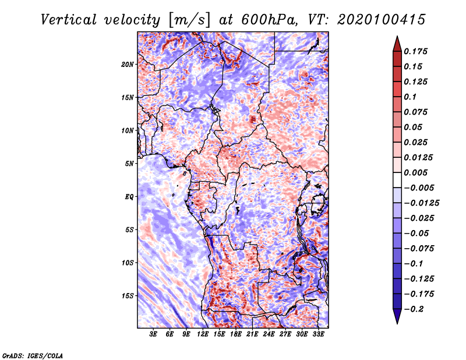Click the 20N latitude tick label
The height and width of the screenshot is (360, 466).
[128, 65]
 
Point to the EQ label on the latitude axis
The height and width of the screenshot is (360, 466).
[129, 197]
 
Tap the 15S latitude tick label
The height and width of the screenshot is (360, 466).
[128, 296]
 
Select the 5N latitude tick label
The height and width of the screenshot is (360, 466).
[129, 164]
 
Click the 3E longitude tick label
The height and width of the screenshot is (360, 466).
[153, 334]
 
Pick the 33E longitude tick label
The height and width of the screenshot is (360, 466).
[318, 334]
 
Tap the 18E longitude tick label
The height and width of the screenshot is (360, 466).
[236, 334]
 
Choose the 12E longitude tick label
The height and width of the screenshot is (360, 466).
[203, 334]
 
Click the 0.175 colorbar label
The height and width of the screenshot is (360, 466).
[415, 51]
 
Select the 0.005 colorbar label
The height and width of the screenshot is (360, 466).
[415, 172]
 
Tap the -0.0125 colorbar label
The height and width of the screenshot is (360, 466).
[421, 203]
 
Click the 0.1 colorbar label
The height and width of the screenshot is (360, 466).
[410, 97]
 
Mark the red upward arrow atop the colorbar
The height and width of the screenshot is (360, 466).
[397, 44]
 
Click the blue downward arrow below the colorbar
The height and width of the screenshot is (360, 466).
[397, 316]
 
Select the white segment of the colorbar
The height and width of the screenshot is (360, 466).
[397, 180]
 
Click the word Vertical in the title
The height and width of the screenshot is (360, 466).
[69, 20]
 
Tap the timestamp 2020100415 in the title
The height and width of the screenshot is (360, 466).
[382, 20]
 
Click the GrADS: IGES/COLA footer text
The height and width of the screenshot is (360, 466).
[33, 355]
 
